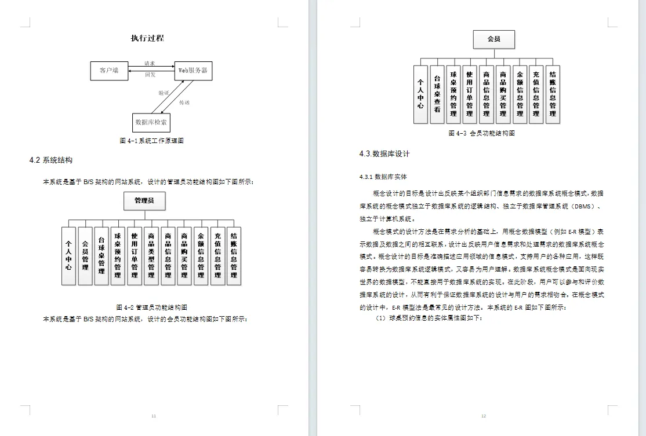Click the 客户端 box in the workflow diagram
(109, 71)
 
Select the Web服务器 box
(193, 71)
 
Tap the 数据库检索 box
(151, 123)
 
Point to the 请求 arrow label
(150, 63)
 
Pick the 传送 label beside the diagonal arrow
(184, 102)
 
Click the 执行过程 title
(147, 39)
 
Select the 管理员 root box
(144, 201)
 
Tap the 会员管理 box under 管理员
(85, 256)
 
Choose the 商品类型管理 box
(151, 256)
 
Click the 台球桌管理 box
(101, 256)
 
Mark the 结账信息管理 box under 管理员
(234, 256)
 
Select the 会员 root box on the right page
(494, 39)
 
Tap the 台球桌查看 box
(437, 94)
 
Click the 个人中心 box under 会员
(420, 94)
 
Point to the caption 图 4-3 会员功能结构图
(481, 133)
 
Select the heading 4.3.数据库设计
(384, 154)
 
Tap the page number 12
(484, 416)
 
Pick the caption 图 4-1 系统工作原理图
(151, 141)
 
